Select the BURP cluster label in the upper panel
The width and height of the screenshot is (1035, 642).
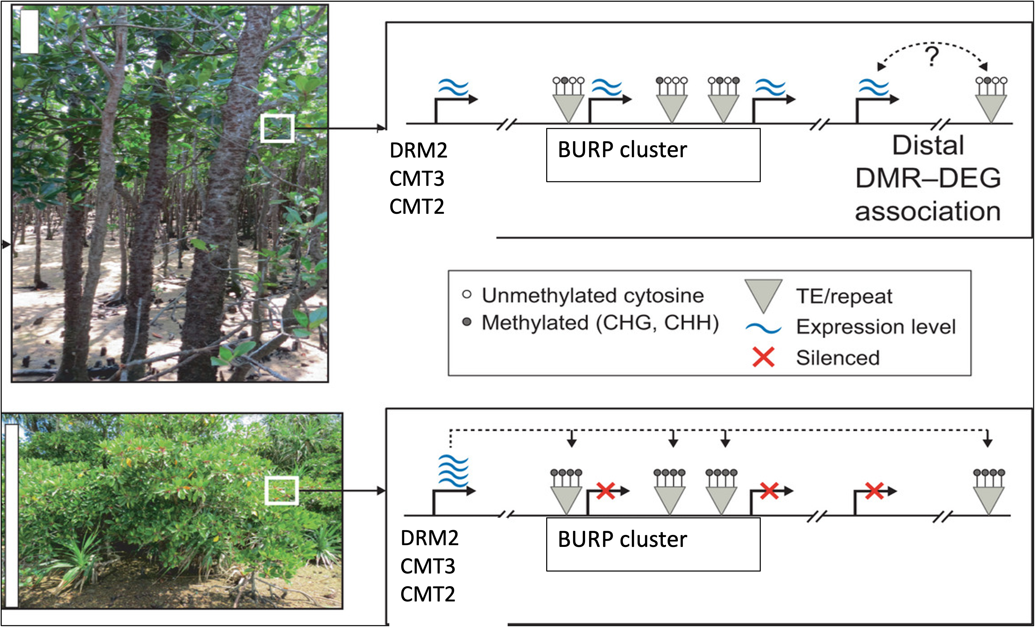622,150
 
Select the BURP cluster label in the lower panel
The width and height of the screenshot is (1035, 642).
622,539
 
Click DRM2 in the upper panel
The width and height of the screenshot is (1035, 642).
418,150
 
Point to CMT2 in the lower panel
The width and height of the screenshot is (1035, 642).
428,594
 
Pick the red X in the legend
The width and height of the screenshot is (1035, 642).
763,357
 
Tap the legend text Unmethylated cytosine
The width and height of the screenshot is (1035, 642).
593,296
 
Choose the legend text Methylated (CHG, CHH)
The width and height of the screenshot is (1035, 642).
600,323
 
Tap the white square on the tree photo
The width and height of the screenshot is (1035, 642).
277,128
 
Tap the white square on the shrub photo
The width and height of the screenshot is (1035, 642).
281,491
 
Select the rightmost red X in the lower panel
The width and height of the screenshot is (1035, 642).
874,491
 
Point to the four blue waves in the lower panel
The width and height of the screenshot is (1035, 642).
453,471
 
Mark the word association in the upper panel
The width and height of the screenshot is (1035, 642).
928,211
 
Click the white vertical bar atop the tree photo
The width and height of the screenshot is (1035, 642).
29,32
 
